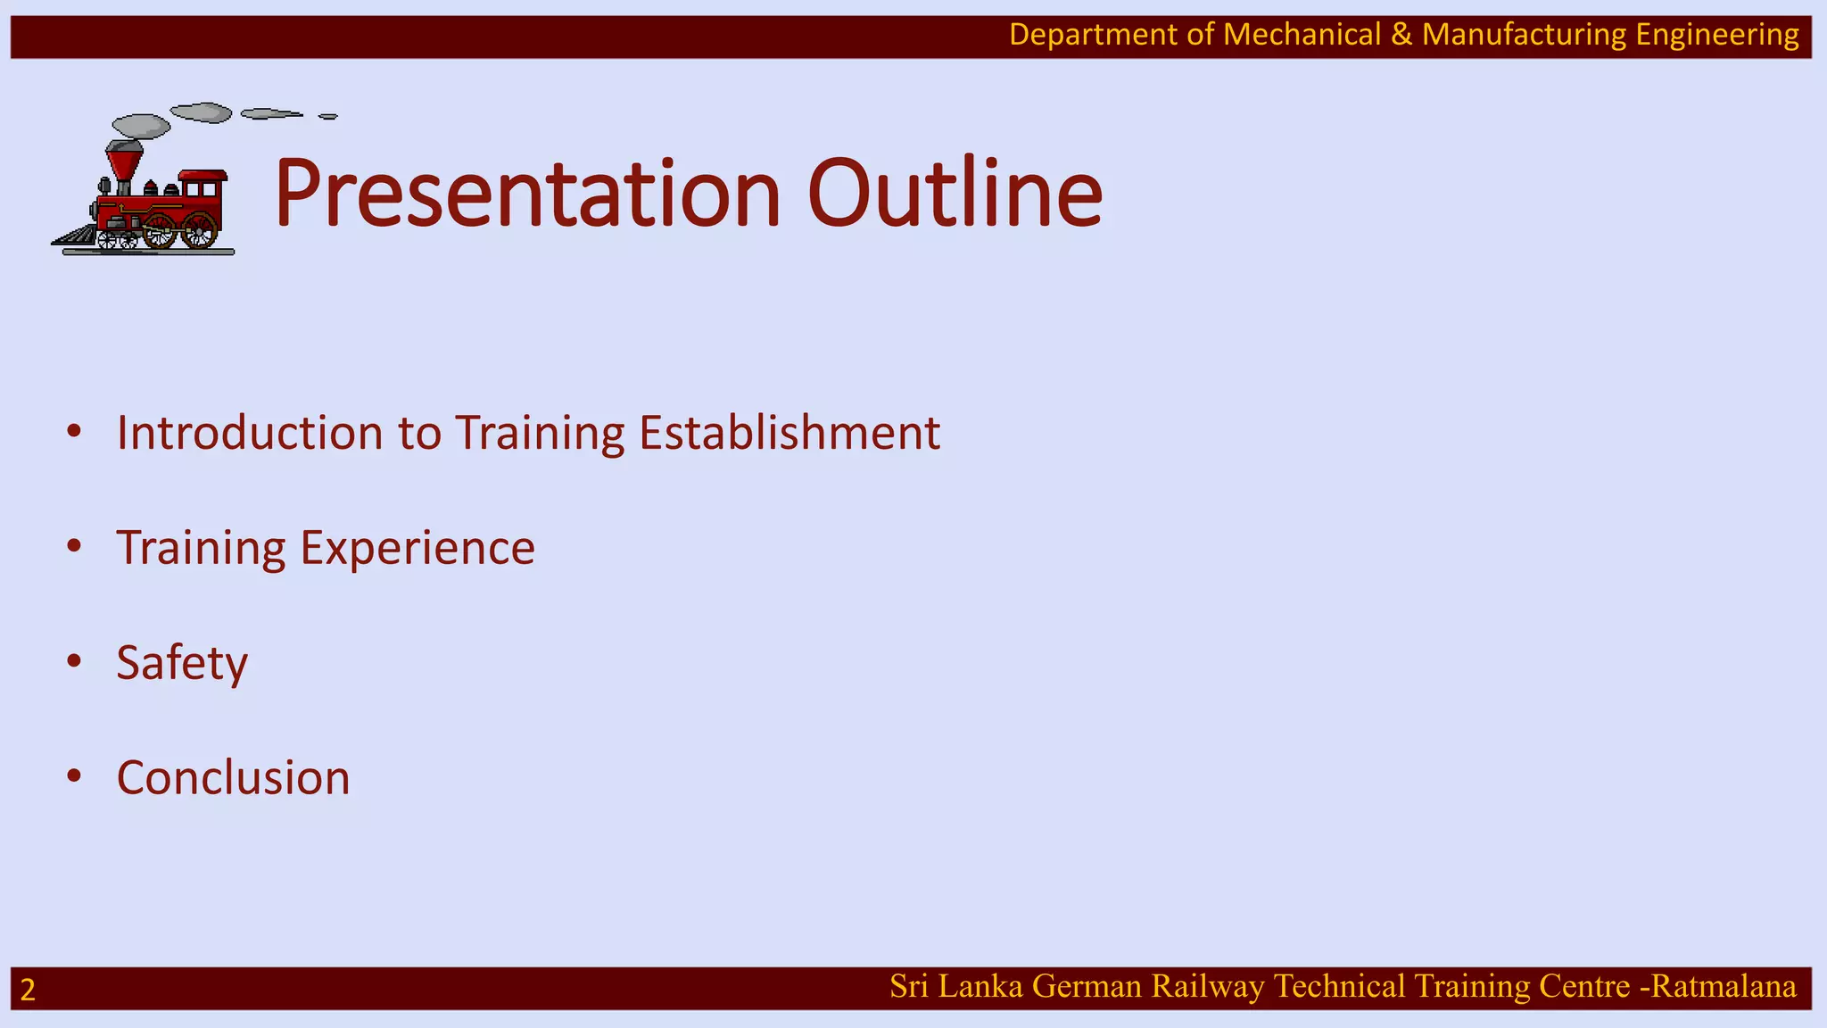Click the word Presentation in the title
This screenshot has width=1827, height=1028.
526,194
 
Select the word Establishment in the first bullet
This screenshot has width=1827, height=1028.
789,433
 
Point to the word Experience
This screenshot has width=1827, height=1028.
417,548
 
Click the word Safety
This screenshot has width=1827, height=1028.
182,663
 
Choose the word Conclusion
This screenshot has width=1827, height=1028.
234,778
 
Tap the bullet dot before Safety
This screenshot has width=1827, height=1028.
74,661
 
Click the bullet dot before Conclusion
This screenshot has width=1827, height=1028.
74,776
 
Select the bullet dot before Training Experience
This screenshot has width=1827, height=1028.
74,546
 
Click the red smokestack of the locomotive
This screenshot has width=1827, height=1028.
124,164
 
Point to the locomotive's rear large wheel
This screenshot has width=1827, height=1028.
199,230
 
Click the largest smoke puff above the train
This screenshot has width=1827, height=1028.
142,126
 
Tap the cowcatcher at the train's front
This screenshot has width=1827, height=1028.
75,236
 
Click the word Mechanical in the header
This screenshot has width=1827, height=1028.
1302,35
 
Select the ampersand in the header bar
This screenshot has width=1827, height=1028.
1401,35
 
